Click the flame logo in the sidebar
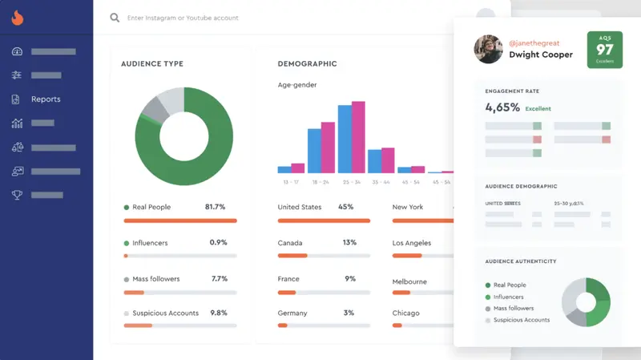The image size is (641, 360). pyautogui.click(x=17, y=18)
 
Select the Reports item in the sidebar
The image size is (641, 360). pyautogui.click(x=46, y=99)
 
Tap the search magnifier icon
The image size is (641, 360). pyautogui.click(x=115, y=18)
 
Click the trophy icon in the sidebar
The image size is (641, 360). pyautogui.click(x=17, y=195)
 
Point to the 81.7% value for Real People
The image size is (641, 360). pyautogui.click(x=216, y=207)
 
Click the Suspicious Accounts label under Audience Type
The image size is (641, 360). pyautogui.click(x=165, y=313)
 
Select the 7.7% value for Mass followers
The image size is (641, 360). pyautogui.click(x=219, y=279)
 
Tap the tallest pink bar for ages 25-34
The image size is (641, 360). pyautogui.click(x=359, y=137)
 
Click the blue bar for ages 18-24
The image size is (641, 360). pyautogui.click(x=314, y=151)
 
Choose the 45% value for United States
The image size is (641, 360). pyautogui.click(x=345, y=207)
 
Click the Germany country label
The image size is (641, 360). pyautogui.click(x=292, y=313)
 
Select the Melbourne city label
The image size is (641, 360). pyautogui.click(x=409, y=281)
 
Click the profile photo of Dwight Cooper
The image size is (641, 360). pyautogui.click(x=488, y=49)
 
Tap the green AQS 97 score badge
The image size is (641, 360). pyautogui.click(x=604, y=50)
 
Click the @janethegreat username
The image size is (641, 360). pyautogui.click(x=534, y=42)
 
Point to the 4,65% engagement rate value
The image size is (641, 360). pyautogui.click(x=502, y=107)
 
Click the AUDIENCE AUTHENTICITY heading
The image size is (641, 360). pyautogui.click(x=520, y=261)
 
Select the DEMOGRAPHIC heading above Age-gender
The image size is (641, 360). pyautogui.click(x=307, y=64)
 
